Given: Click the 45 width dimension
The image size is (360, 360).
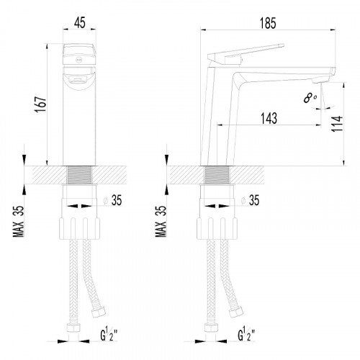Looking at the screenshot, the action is click(80, 23).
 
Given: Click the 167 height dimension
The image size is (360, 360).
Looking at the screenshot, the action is click(40, 104).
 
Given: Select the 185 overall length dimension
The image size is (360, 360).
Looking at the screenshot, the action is click(268, 23).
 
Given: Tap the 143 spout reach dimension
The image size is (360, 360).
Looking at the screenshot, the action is click(269, 118).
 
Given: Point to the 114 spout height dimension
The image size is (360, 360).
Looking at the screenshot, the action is click(337, 123).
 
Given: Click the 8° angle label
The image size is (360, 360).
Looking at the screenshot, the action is click(310, 98).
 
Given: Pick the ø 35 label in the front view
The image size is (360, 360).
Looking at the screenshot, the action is click(113, 200).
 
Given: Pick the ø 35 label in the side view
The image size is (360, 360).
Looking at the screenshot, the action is click(250, 200).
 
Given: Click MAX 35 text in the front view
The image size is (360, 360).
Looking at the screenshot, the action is click(19, 221).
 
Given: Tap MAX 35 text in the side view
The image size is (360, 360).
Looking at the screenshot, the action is click(161, 221).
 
